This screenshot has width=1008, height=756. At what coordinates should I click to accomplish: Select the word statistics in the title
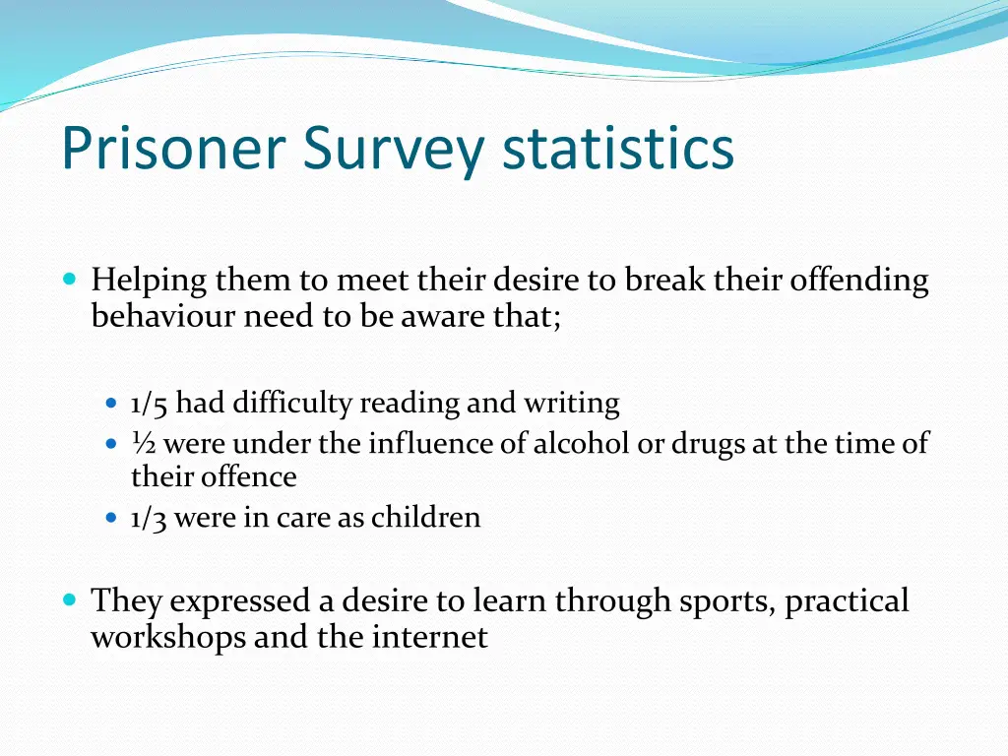[x=618, y=149]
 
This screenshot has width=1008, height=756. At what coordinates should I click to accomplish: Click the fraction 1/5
[x=150, y=404]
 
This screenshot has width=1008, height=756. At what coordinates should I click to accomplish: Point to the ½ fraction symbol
[x=144, y=444]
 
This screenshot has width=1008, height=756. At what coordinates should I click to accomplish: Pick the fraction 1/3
[x=150, y=518]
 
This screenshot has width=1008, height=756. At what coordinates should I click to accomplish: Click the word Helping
[x=150, y=282]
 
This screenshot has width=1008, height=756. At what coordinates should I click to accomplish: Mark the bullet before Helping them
[x=68, y=280]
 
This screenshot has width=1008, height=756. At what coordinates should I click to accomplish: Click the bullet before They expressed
[x=68, y=598]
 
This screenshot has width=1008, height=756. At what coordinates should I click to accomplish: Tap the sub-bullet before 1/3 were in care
[x=111, y=518]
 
